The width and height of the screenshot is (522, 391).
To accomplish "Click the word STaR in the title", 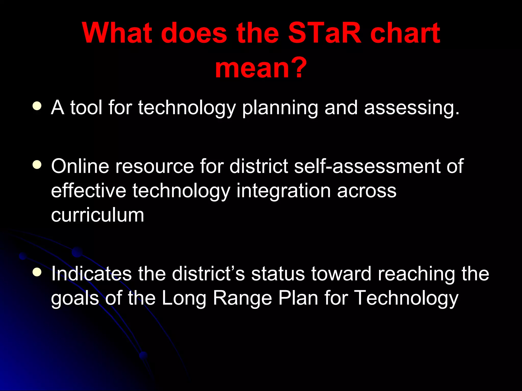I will [325, 33].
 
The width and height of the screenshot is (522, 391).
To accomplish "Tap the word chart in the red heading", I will [405, 33].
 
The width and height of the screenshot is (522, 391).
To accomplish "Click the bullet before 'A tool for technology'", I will [37, 106].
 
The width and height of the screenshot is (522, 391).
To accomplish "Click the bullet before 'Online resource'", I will [37, 165].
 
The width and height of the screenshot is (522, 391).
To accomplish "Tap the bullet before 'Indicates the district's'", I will [37, 272].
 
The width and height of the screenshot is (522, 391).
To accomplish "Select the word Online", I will [80, 166].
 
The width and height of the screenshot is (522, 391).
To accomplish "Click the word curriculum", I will [97, 215].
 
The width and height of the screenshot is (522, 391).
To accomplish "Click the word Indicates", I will [91, 274].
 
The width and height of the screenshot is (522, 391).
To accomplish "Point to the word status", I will [278, 274].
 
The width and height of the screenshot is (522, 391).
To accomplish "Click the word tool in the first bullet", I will [86, 107].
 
